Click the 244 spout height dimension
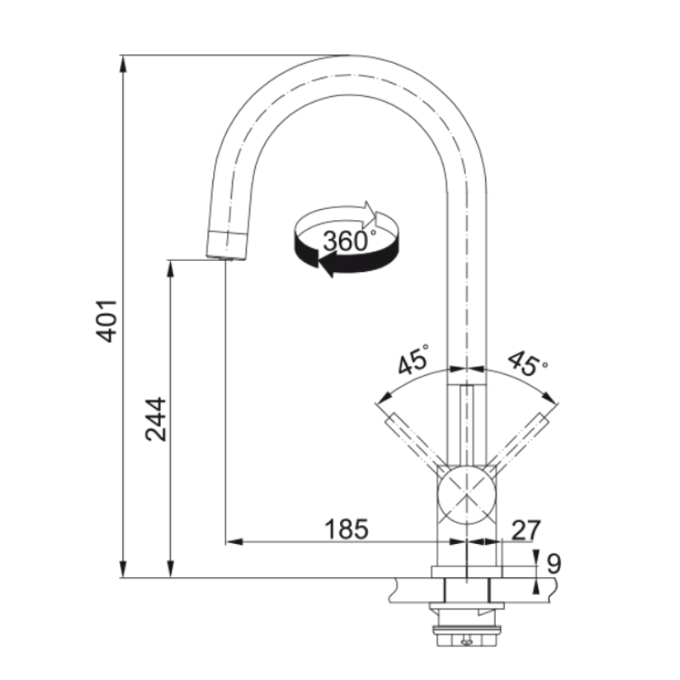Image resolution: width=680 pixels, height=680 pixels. [156, 419]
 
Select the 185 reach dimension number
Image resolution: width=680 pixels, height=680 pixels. [347, 530]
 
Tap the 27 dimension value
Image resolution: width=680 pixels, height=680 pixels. [526, 530]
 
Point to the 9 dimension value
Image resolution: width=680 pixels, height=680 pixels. [554, 564]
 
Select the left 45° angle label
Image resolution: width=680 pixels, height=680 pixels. [412, 359]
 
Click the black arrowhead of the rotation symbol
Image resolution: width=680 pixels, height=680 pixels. [326, 264]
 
